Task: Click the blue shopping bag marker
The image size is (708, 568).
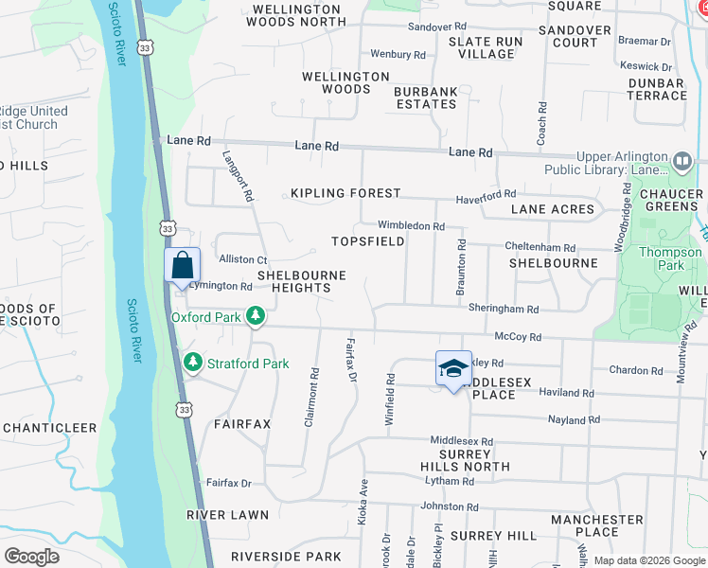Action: coord(182,266)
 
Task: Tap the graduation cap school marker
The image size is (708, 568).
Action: coord(453,368)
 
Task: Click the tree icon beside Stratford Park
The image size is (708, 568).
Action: coord(192,363)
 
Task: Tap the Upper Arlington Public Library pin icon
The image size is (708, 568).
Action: coord(682,164)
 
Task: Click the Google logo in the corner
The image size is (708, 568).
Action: coord(31,556)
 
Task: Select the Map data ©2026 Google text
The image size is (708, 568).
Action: coord(648,560)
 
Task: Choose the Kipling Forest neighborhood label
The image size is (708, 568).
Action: coord(345,193)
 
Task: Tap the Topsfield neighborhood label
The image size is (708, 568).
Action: coord(368,241)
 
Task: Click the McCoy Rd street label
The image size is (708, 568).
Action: coord(518,336)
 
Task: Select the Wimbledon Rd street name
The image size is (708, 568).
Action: coord(411,226)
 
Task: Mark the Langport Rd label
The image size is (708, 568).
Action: coord(239,176)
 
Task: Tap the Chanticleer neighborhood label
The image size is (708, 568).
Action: coord(49,428)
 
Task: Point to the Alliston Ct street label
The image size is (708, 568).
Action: coord(243,259)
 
